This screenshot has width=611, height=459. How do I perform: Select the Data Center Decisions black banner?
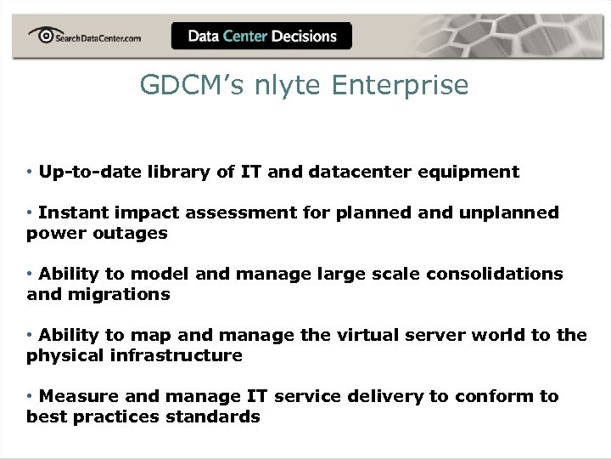point(261,36)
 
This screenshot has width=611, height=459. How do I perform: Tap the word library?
point(175,172)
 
